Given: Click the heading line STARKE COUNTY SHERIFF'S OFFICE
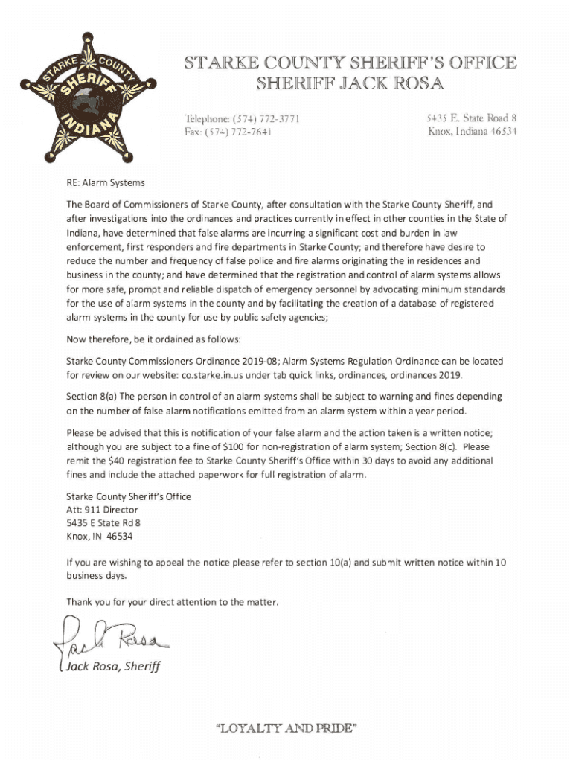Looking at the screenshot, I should (x=344, y=62).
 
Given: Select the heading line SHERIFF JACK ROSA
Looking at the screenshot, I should (x=344, y=83).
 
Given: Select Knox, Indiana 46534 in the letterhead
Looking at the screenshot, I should (x=473, y=132).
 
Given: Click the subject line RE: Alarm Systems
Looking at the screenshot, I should (x=106, y=182).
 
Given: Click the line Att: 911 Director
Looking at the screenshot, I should (x=102, y=510).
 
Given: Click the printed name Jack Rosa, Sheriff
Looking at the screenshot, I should (x=112, y=666).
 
